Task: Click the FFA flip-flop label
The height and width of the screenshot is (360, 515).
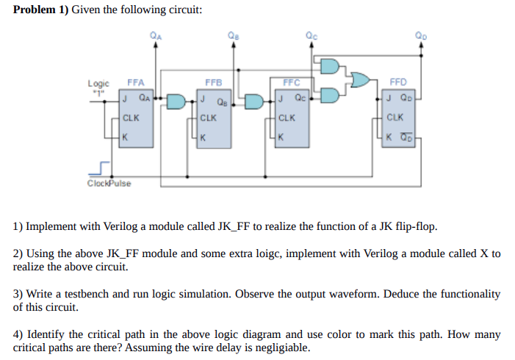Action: (x=136, y=83)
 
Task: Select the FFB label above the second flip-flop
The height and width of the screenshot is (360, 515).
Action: (x=213, y=83)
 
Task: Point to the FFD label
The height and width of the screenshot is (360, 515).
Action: (x=397, y=83)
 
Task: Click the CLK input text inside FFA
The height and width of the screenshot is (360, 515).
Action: (x=132, y=117)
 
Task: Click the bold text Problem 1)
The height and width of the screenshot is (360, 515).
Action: (x=41, y=11)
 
